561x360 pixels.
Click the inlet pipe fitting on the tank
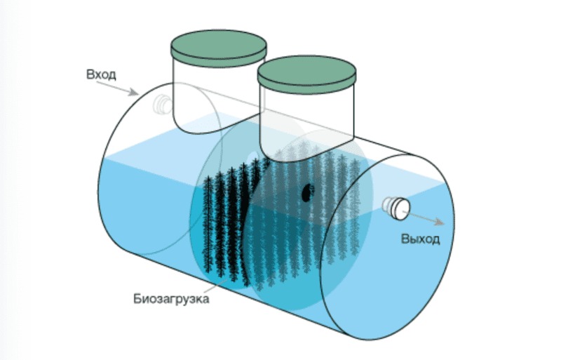(162, 105)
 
